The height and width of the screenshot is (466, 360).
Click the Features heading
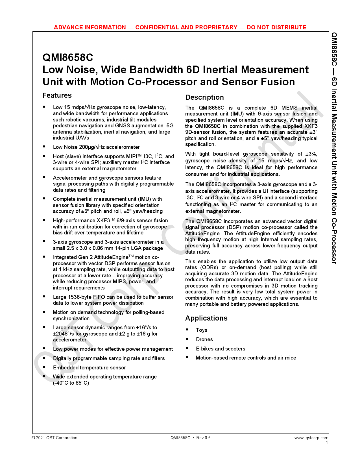[57, 95]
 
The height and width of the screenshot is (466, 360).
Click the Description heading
[204, 97]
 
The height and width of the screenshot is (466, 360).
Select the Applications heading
[206, 318]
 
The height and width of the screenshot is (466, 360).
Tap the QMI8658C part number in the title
[68, 58]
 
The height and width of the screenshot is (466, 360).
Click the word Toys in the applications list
[202, 330]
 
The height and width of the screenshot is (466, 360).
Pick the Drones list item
[204, 339]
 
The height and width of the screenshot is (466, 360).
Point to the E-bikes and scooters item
[221, 349]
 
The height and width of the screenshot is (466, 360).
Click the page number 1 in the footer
[327, 442]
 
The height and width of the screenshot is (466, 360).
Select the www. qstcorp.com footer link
[311, 438]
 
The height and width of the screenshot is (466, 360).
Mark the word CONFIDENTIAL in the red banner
[156, 27]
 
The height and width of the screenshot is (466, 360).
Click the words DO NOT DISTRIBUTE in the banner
[276, 27]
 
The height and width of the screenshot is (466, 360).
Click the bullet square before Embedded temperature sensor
[44, 367]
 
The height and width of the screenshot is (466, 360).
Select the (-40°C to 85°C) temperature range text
[71, 383]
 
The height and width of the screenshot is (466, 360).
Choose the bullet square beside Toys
[187, 330]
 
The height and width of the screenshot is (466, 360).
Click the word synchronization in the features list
[71, 319]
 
